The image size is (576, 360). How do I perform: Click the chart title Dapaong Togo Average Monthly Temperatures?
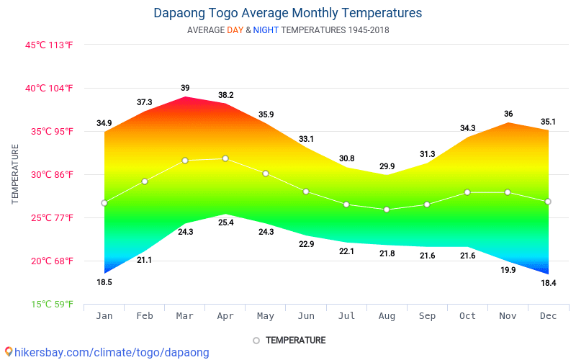pos(288,13)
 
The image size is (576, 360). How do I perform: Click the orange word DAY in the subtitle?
pos(235,30)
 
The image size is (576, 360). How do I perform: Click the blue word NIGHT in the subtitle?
pos(266,30)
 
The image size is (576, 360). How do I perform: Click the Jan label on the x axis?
pos(104,315)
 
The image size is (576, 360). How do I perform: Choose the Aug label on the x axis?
pos(387,315)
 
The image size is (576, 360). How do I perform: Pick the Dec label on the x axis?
pos(549,315)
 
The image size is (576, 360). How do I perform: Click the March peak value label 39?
pos(185,88)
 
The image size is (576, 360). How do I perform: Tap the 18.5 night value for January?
pos(104,282)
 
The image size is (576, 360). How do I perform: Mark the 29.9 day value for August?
pos(387,166)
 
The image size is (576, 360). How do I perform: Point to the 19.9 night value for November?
pos(508,270)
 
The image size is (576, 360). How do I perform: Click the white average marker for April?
pos(225,158)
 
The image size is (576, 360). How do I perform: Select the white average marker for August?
pos(387,210)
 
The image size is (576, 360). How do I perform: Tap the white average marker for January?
pos(104,203)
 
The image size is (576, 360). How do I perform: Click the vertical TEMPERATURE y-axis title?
pos(15,174)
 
